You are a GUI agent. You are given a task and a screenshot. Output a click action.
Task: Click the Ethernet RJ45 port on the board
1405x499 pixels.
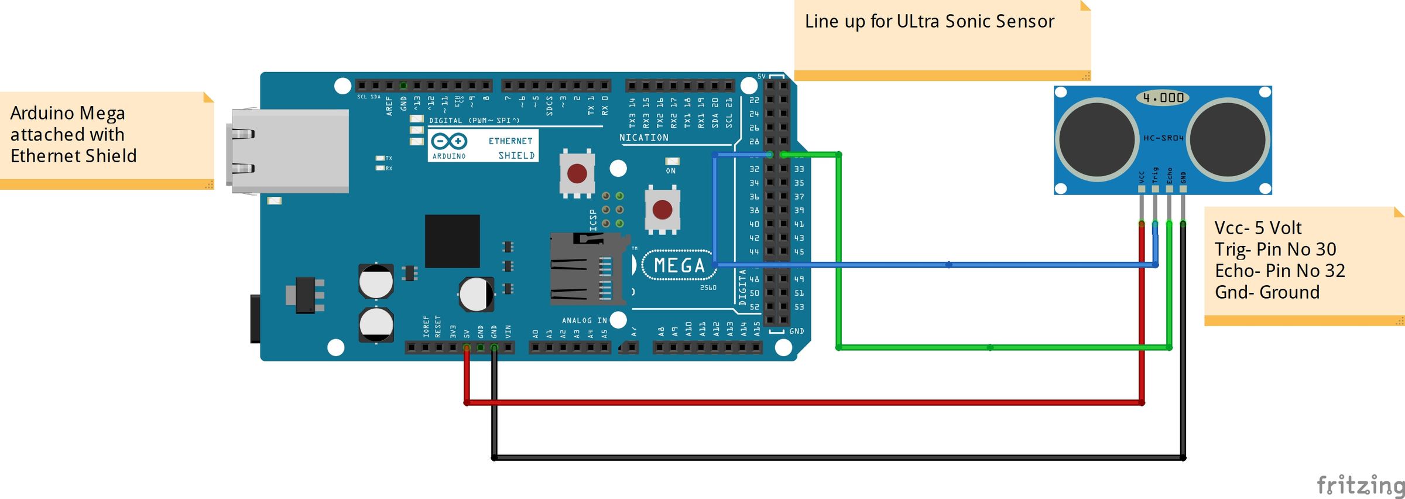pyautogui.click(x=290, y=151)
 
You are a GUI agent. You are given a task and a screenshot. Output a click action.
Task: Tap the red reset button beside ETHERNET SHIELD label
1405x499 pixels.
pyautogui.click(x=577, y=173)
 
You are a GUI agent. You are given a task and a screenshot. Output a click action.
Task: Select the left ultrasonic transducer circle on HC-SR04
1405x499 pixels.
pyautogui.click(x=1096, y=139)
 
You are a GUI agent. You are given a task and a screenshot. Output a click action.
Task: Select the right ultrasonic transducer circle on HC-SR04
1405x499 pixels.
pyautogui.click(x=1228, y=139)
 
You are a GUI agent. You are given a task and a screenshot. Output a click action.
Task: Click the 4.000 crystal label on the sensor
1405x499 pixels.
pyautogui.click(x=1163, y=98)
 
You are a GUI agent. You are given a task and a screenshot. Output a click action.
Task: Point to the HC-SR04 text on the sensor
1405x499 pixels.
pyautogui.click(x=1163, y=138)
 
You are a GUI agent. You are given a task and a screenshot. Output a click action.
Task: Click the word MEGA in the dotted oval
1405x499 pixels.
pyautogui.click(x=679, y=266)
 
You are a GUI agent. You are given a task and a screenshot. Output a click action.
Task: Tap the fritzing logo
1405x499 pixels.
pyautogui.click(x=1359, y=486)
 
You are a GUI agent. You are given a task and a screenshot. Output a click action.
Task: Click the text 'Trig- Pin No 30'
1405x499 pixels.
pyautogui.click(x=1275, y=249)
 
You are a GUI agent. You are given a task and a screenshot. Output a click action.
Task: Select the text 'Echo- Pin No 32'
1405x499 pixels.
pyautogui.click(x=1280, y=271)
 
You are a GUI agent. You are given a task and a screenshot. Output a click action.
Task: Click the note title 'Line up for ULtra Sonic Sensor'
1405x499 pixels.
pyautogui.click(x=929, y=22)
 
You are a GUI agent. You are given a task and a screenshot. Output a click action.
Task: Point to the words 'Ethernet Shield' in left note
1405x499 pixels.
pyautogui.click(x=73, y=156)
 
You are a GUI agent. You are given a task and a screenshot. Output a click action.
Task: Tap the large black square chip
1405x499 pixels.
pyautogui.click(x=452, y=241)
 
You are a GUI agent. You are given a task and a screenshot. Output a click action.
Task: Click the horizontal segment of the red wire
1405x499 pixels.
pyautogui.click(x=802, y=402)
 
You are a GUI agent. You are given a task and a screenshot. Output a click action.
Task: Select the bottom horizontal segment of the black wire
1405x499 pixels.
pyautogui.click(x=837, y=457)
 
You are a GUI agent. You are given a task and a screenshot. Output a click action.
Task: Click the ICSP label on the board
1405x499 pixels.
pyautogui.click(x=593, y=220)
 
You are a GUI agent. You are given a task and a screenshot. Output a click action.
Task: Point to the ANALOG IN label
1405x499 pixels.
pyautogui.click(x=584, y=320)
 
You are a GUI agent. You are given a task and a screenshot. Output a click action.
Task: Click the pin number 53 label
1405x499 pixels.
pyautogui.click(x=799, y=307)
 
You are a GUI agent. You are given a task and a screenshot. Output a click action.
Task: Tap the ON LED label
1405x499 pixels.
pyautogui.click(x=671, y=171)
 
